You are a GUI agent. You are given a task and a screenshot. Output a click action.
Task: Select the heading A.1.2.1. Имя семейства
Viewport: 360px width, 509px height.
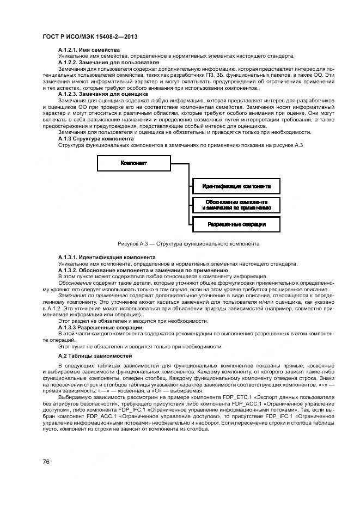(89, 50)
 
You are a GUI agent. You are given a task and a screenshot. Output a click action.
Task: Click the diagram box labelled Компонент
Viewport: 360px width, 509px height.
(134, 163)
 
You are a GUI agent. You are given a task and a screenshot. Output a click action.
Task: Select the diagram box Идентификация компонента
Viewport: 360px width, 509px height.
(236, 186)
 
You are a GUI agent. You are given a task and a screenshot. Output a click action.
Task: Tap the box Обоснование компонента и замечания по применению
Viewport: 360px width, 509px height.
(236, 205)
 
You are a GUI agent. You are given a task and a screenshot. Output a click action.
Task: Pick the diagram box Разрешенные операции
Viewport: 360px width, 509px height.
(236, 224)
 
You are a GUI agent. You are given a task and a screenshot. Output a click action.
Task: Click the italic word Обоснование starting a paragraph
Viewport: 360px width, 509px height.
(75, 283)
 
